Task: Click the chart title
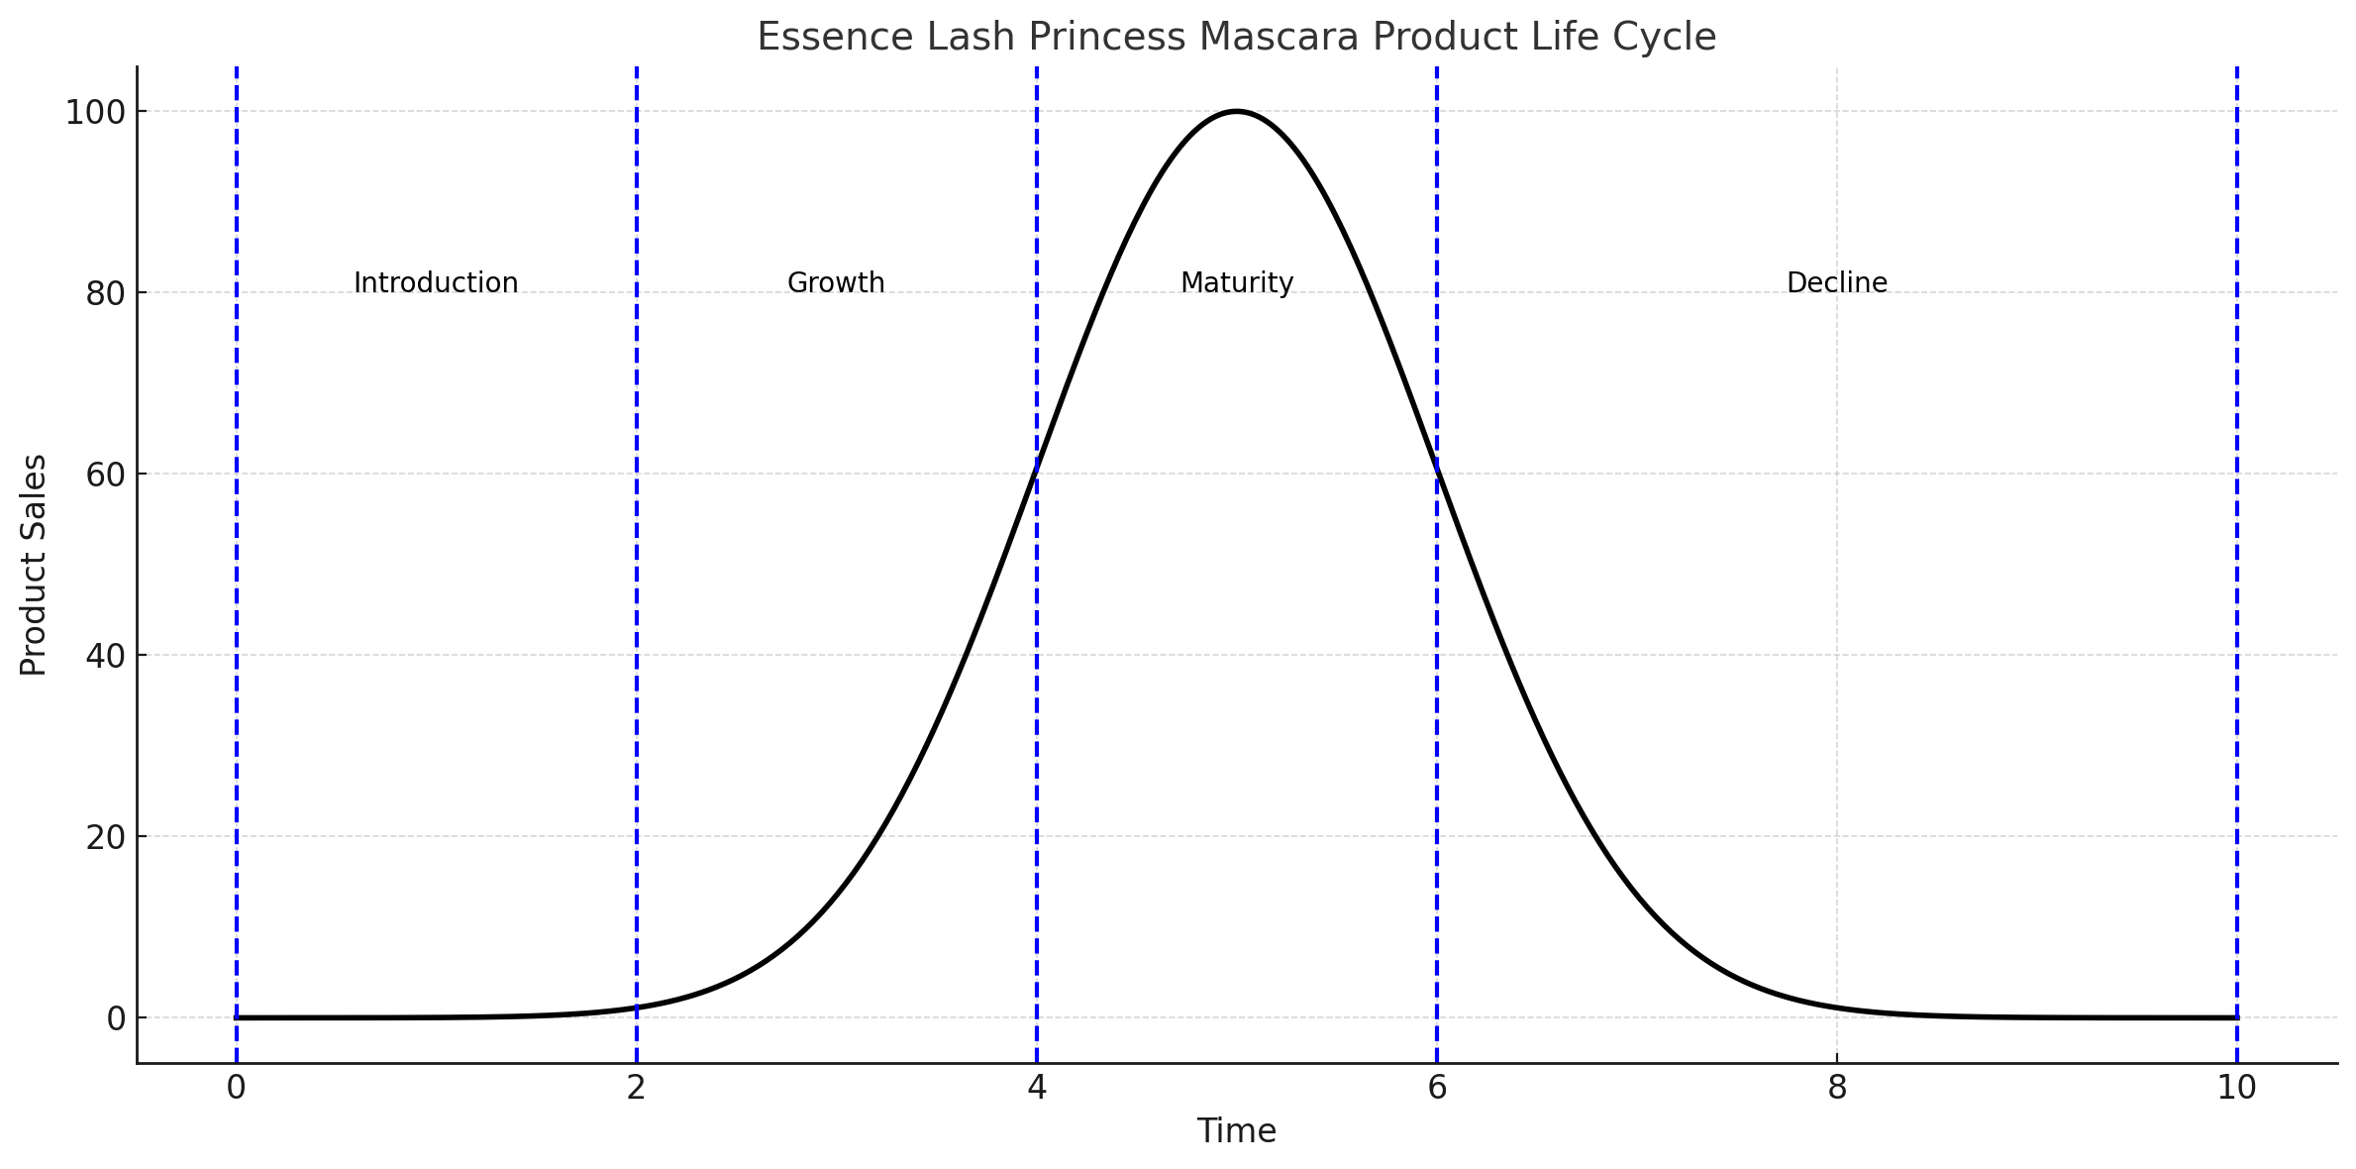[x=1236, y=38]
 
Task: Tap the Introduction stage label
[x=436, y=283]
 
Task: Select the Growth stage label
[x=836, y=283]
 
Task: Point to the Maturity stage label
[x=1237, y=283]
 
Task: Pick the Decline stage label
[x=1837, y=283]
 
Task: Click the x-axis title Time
[x=1236, y=1131]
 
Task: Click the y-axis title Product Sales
[x=34, y=565]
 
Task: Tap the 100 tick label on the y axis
[x=95, y=113]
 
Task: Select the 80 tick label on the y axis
[x=105, y=294]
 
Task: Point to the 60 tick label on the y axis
[x=105, y=476]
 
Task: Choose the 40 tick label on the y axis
[x=105, y=657]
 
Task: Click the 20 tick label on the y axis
[x=105, y=838]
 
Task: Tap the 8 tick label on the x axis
[x=1837, y=1088]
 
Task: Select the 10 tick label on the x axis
[x=2237, y=1088]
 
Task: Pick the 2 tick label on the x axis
[x=637, y=1088]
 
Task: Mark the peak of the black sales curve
[x=1237, y=111]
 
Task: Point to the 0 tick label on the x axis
[x=236, y=1088]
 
